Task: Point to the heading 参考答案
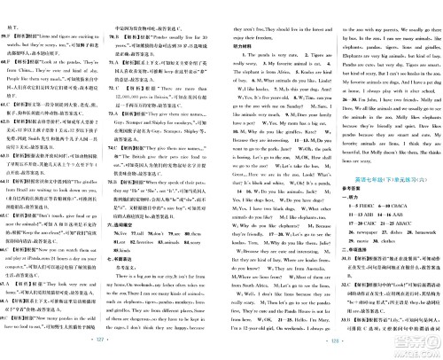347,190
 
